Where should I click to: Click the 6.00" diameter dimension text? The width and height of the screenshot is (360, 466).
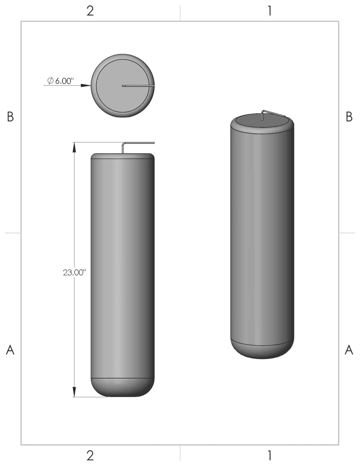click(64, 81)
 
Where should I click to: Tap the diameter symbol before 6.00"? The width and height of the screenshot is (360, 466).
click(50, 81)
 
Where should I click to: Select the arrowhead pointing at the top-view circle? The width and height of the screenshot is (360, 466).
click(86, 86)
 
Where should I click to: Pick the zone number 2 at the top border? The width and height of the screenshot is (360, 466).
click(90, 11)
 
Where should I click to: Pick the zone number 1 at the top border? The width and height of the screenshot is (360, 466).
click(269, 11)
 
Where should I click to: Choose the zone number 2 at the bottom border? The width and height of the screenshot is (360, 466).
click(90, 455)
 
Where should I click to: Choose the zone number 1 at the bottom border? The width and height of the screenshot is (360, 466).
click(269, 455)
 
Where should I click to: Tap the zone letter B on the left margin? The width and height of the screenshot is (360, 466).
click(10, 116)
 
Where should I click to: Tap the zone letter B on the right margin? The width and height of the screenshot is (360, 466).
click(349, 116)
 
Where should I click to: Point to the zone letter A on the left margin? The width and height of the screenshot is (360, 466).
click(10, 350)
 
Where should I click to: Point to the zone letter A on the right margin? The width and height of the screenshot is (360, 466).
click(349, 350)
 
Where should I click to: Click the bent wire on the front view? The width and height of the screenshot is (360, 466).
click(138, 143)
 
